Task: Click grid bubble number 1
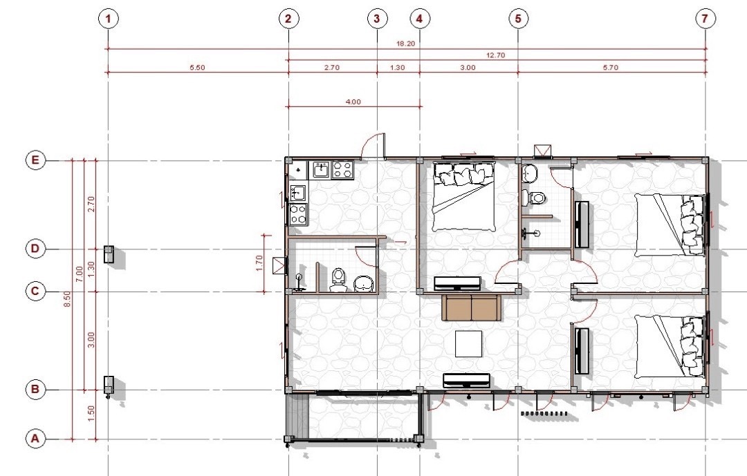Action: click(x=109, y=19)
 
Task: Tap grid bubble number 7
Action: click(x=705, y=19)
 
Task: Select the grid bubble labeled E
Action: click(x=35, y=160)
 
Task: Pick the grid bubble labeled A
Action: click(x=35, y=439)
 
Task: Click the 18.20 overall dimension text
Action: click(x=405, y=44)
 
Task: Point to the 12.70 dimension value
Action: click(x=495, y=55)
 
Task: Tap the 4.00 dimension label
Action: click(x=353, y=102)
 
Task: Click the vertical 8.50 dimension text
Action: click(x=67, y=299)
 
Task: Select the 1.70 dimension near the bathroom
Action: click(x=259, y=263)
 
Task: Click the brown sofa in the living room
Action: click(x=471, y=307)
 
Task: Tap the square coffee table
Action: click(x=468, y=343)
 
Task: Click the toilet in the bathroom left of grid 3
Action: click(x=338, y=280)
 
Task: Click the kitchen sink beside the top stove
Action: click(x=321, y=169)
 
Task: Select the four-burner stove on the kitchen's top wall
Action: click(x=342, y=169)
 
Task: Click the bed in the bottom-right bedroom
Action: click(x=670, y=347)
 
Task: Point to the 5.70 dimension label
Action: click(x=610, y=68)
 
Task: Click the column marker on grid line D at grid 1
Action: click(x=109, y=254)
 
